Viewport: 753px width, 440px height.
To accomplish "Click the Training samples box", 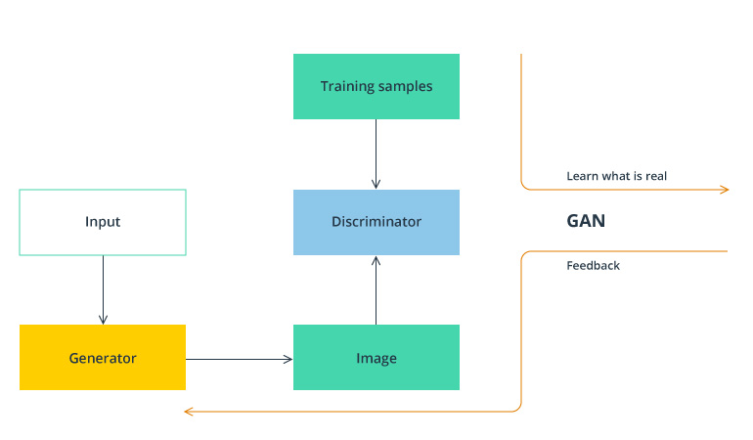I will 376,86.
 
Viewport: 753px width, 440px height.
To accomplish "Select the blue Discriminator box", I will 376,222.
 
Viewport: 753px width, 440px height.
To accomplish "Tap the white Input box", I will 103,222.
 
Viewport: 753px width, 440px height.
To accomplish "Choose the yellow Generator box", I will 103,358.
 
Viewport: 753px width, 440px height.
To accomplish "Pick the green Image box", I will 376,358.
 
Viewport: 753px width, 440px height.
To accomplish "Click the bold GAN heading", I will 586,221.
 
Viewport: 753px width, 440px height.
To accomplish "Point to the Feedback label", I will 593,265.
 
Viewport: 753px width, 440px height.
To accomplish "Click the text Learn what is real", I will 616,177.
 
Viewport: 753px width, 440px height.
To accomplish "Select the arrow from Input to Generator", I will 103,288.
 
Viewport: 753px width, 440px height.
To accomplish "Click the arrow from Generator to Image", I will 240,359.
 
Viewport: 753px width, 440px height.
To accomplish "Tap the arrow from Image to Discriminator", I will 376,290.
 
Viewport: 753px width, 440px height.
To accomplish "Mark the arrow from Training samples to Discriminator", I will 376,154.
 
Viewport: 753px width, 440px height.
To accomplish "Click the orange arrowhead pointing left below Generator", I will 189,412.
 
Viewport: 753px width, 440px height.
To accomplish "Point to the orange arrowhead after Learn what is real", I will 725,189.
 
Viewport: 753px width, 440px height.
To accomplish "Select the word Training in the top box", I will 347,86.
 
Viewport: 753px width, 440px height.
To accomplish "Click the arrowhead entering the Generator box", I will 103,320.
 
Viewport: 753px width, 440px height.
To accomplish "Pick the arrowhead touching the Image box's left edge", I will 288,359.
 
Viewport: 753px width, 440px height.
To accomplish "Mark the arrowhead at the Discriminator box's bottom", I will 376,260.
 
